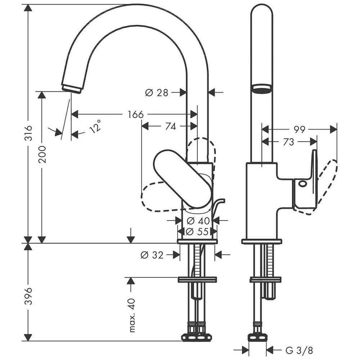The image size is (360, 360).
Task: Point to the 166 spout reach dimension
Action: click(135, 114)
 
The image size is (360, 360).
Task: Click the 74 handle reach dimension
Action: click(171, 126)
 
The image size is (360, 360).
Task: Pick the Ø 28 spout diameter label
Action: click(157, 93)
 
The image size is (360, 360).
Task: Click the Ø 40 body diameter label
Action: click(198, 220)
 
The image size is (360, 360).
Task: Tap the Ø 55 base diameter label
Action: click(198, 231)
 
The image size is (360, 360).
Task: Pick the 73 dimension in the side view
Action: click(288, 142)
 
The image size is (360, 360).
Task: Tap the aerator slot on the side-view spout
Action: click(262, 89)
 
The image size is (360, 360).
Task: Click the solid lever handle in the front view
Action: click(182, 178)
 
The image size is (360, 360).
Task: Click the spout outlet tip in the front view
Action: click(72, 88)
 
